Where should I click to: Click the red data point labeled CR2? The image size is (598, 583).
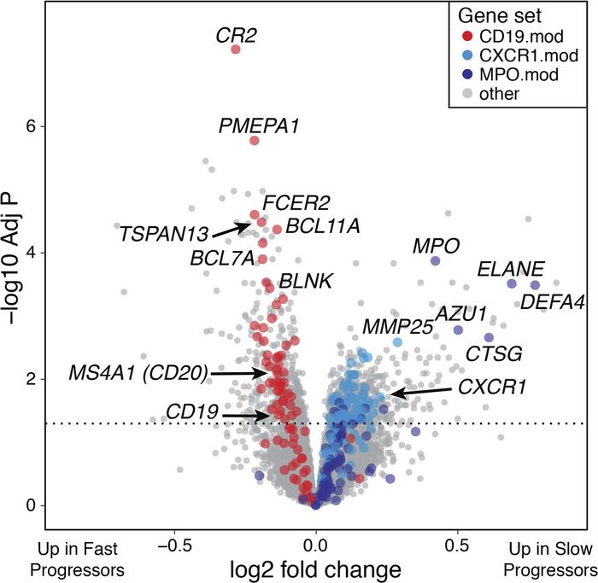click(237, 50)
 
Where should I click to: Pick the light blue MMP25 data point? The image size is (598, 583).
click(397, 342)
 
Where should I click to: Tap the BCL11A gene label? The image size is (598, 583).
click(316, 226)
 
